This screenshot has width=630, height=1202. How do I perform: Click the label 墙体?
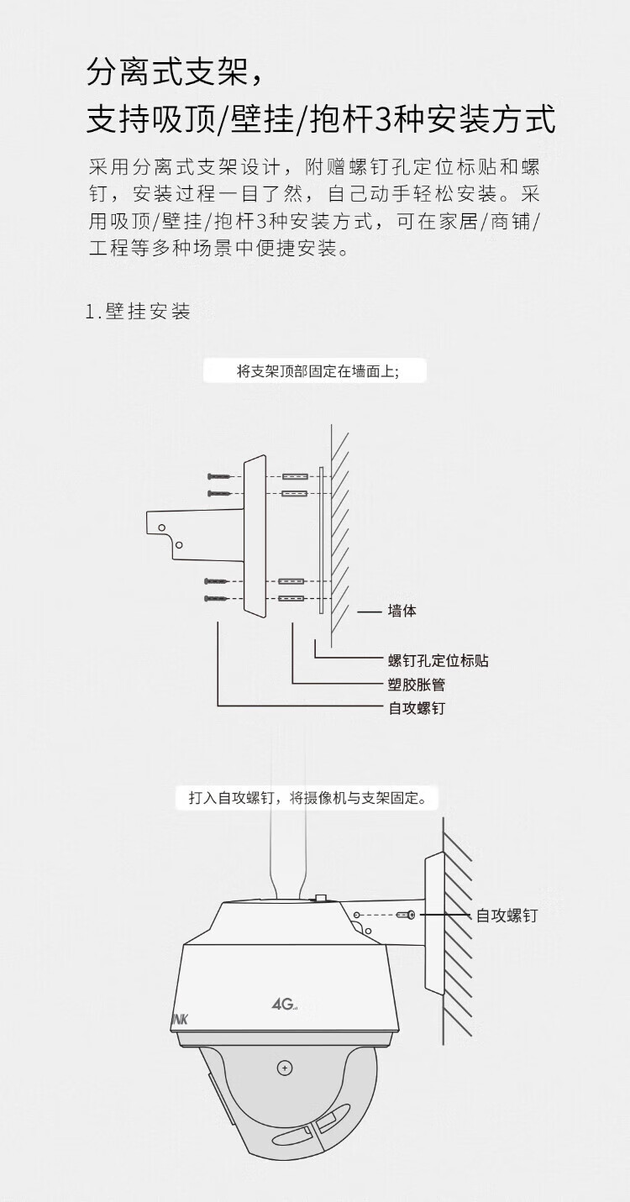pos(402,611)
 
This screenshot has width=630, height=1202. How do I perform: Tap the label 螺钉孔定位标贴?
pos(438,661)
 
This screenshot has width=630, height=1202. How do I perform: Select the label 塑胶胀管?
pos(416,685)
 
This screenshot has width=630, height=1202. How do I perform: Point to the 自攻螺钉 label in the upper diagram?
pos(416,708)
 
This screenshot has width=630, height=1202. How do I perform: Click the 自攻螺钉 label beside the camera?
pos(506,916)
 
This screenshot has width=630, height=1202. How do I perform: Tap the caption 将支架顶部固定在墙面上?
pos(317,371)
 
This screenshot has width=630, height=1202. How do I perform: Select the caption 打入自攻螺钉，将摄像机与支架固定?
pos(307,798)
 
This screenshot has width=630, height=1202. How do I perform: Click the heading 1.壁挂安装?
pos(139,312)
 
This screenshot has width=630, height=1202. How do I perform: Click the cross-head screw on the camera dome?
pos(286,1068)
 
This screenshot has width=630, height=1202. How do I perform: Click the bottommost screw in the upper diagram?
pos(216,599)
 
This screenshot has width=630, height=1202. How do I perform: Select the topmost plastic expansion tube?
pos(294,477)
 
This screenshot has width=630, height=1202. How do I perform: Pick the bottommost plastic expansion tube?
pos(291,599)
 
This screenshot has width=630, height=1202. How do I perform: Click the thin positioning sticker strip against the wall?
pos(320,538)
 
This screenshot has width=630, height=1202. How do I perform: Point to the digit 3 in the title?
pos(383,120)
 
